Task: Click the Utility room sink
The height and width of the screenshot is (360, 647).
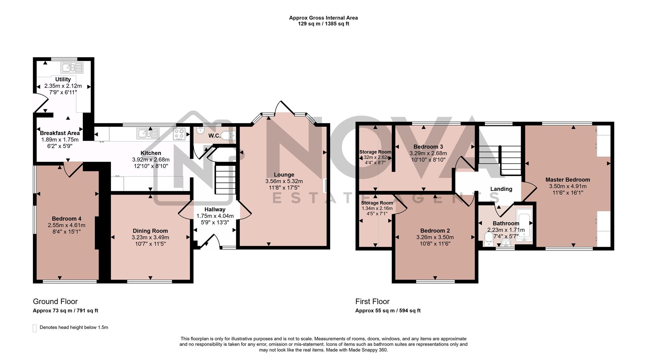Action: coord(72,68)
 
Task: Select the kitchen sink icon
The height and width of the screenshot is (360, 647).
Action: coord(148,133)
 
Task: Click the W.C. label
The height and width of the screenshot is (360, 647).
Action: coord(214,136)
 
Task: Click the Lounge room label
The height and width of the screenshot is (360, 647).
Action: coord(284,174)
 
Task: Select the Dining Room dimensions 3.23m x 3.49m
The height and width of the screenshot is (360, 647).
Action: coord(150,237)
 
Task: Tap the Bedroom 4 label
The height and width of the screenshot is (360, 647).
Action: coord(66,219)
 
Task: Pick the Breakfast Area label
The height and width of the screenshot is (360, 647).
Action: coord(60,133)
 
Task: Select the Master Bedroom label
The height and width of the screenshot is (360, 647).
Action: coord(567,179)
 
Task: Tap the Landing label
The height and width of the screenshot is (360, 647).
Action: coord(501,189)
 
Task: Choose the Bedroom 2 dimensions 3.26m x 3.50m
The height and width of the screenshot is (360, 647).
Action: coord(435,237)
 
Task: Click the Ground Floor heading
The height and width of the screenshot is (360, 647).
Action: coord(55,301)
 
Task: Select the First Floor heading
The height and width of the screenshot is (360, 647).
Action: coord(372,301)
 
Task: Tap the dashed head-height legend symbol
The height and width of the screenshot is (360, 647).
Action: coord(34,328)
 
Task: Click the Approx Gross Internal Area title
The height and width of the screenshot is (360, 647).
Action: coord(323,18)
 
